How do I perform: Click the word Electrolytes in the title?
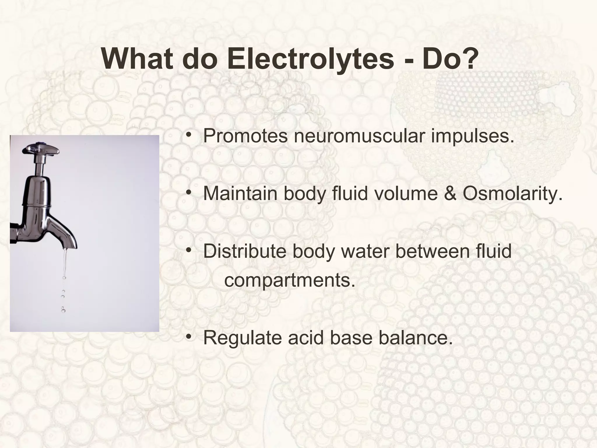(x=310, y=59)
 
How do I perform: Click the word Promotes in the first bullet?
(x=245, y=136)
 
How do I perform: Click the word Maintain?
(x=240, y=193)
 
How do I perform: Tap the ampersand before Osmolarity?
(x=450, y=193)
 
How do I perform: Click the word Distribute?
(x=245, y=251)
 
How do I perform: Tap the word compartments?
(x=290, y=281)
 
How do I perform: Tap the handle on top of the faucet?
(x=41, y=149)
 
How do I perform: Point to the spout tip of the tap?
(x=67, y=248)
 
